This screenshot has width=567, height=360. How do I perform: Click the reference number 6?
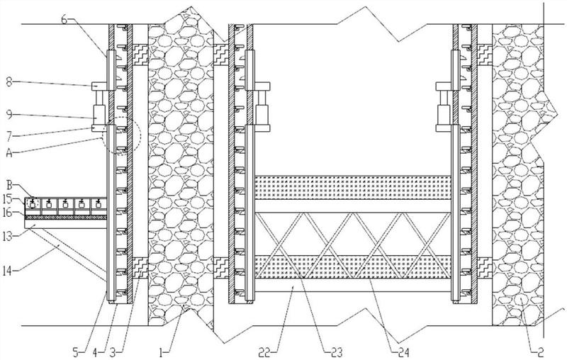pyautogui.click(x=64, y=20)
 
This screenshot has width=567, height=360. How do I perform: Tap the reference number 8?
pyautogui.click(x=9, y=82)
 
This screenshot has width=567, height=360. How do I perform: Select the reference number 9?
pyautogui.click(x=9, y=115)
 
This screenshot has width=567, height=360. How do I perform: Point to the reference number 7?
pyautogui.click(x=9, y=136)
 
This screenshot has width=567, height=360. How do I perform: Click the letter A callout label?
pyautogui.click(x=9, y=153)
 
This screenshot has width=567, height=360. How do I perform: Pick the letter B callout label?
pyautogui.click(x=9, y=186)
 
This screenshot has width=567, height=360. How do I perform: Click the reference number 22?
pyautogui.click(x=265, y=352)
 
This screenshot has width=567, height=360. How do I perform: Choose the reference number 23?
pyautogui.click(x=336, y=352)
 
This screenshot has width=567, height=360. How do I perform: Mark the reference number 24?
pyautogui.click(x=403, y=352)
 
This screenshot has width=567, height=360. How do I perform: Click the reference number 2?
pyautogui.click(x=540, y=352)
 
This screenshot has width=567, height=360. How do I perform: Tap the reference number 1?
pyautogui.click(x=162, y=352)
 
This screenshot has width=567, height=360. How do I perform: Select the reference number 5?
pyautogui.click(x=76, y=352)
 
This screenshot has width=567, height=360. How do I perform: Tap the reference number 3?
pyautogui.click(x=113, y=352)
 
